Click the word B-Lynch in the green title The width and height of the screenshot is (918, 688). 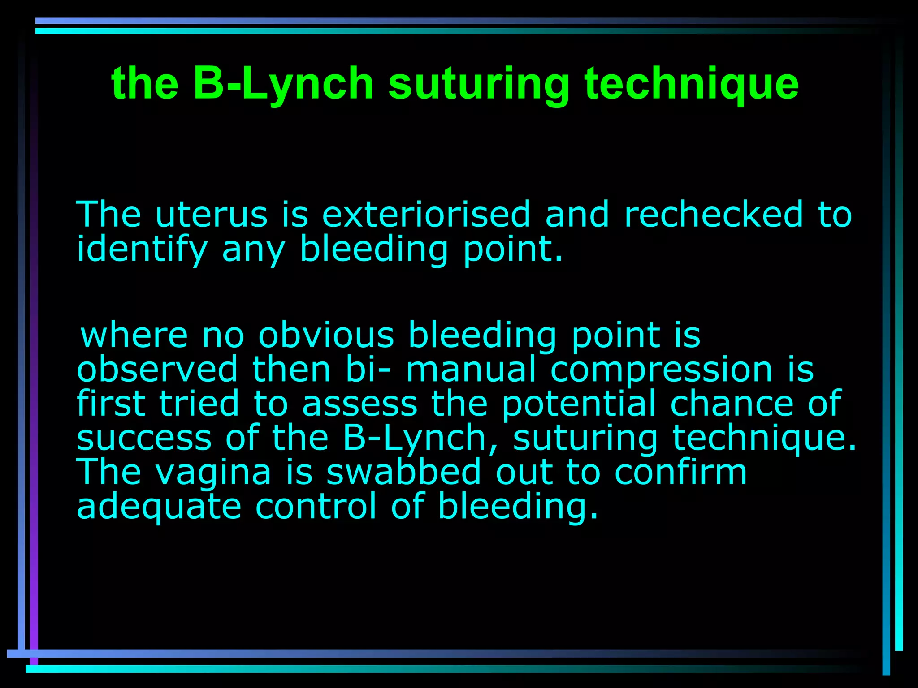coord(283,83)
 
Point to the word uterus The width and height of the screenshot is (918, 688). coord(211,215)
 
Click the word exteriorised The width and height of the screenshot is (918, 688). coord(426,215)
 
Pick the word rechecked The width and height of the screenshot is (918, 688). coord(714,215)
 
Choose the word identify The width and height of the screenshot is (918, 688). coord(142,249)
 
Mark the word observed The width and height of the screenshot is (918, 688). coord(157,369)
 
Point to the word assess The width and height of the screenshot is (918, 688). coord(359,404)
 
